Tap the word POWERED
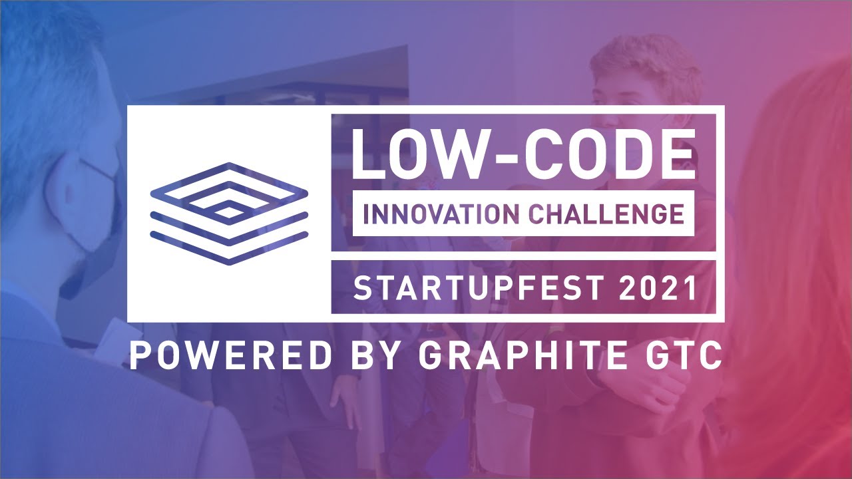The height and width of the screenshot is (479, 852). [230, 357]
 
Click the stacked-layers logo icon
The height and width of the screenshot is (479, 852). [229, 213]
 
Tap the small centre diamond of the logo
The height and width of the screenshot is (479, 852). [229, 212]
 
